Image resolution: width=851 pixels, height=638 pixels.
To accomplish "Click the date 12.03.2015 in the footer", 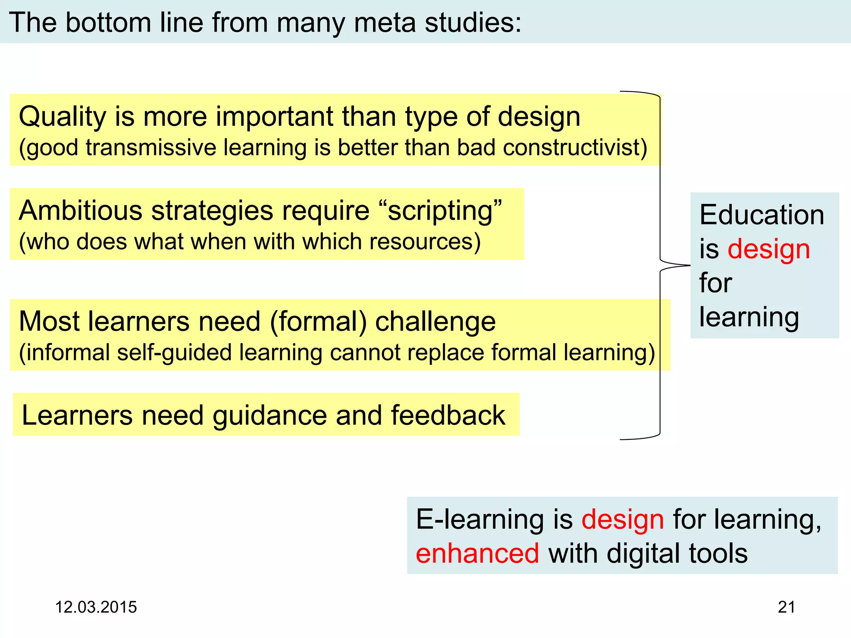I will coord(96,607).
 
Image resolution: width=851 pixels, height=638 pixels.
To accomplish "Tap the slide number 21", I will coord(786,607).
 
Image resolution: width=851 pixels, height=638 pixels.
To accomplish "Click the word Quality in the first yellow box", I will coord(62,117).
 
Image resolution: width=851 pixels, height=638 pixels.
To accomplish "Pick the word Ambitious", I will coord(81,211).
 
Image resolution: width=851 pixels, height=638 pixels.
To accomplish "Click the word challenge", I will coord(435,322).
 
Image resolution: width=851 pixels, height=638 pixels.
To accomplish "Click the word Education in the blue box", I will coord(762,215).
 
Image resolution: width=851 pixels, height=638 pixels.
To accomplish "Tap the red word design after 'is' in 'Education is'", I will coord(769,250).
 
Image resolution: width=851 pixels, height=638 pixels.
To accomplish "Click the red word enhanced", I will coord(477,554).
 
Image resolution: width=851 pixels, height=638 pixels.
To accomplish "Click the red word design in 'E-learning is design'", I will coord(622,520).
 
